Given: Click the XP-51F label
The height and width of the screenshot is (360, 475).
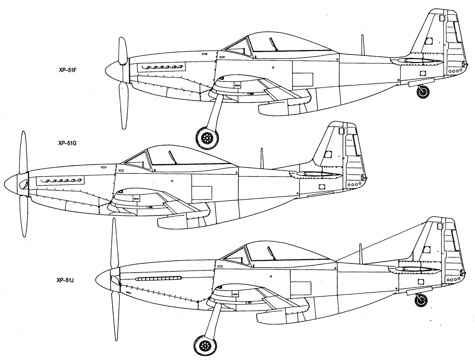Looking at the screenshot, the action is (x=68, y=70).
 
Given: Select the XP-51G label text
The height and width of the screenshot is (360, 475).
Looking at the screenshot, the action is (x=67, y=143).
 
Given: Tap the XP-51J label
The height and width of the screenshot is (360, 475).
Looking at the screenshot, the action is (x=65, y=280).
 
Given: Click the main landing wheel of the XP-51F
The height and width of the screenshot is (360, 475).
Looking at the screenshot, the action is (x=207, y=138).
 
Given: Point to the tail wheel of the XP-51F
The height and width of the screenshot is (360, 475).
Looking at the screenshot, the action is (x=423, y=92).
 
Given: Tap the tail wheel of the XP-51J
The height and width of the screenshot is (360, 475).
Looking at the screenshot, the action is (x=421, y=300).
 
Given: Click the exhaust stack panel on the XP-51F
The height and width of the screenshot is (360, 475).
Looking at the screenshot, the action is (x=161, y=67).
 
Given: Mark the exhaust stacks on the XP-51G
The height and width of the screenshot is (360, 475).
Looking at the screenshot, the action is (x=60, y=181).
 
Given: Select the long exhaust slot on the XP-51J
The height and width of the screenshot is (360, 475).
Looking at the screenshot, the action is (x=158, y=278).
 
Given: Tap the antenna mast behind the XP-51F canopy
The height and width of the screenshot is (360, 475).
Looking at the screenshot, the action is (x=363, y=45).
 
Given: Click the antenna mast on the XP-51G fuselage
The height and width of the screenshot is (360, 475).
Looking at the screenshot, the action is (x=262, y=158).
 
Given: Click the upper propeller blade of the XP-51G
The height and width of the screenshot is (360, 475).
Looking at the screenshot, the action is (x=23, y=152).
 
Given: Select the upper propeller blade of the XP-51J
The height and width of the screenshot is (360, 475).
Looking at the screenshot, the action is (x=115, y=243).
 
